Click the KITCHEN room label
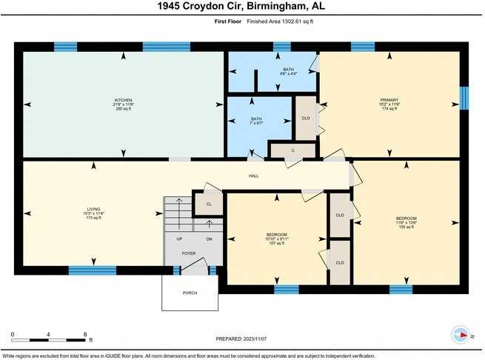(x=124, y=101)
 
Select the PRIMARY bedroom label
(x=389, y=101)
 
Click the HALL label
(x=253, y=176)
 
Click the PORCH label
(x=190, y=293)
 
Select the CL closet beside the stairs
(x=209, y=204)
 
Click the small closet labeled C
(x=292, y=150)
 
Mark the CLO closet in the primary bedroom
(x=306, y=117)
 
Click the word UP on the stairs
(x=179, y=239)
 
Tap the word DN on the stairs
(x=209, y=239)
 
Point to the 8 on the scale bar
(x=86, y=334)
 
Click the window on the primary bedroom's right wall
(x=464, y=98)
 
